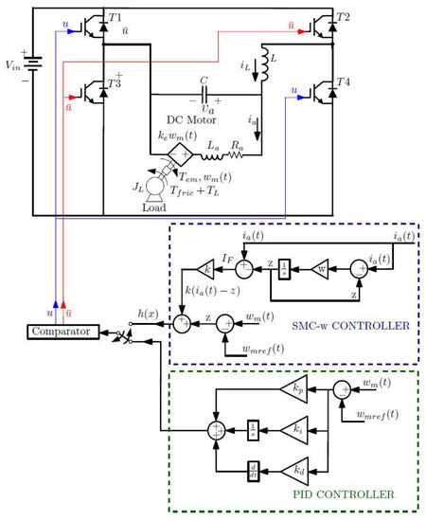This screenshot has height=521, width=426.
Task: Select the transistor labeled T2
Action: [x=323, y=27]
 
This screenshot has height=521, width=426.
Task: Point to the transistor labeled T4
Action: [x=323, y=94]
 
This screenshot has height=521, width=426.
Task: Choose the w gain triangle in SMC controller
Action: [x=319, y=268]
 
